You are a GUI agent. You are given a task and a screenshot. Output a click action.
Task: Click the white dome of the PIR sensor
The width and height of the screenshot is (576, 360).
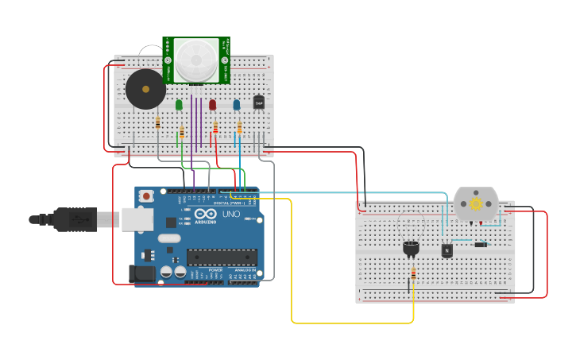pos(196,60)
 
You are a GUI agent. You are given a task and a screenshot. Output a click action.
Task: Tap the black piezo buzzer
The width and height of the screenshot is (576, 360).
pos(146,89)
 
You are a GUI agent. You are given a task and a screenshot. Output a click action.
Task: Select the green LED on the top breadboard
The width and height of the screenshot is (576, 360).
pos(179,104)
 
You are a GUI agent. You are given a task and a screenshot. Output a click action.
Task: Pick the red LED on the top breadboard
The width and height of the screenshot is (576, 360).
pos(212,104)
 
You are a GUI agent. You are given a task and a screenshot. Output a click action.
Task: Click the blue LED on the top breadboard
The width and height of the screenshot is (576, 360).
pos(236,104)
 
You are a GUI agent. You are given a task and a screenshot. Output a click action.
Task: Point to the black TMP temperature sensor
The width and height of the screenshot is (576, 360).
pos(258,102)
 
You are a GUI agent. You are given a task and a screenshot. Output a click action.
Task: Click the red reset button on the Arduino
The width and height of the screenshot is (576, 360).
pos(146,195)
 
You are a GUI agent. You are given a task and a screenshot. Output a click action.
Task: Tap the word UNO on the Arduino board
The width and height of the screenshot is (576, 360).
pos(230,215)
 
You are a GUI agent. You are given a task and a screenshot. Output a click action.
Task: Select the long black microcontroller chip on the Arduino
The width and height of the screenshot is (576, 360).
pos(222,257)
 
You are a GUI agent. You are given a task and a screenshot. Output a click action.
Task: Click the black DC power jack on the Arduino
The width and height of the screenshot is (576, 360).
pos(142,273)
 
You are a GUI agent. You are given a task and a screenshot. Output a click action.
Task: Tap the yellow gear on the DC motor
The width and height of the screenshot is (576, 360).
pos(476,203)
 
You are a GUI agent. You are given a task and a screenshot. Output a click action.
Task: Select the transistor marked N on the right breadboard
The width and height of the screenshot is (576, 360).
pos(446,250)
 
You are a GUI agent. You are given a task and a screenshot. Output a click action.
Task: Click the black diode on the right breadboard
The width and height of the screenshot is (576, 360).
pos(481,244)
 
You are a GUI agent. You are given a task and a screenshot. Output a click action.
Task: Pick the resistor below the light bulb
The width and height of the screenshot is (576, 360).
pos(413,273)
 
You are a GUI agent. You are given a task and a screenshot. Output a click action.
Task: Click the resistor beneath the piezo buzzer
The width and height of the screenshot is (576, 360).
pos(158,122)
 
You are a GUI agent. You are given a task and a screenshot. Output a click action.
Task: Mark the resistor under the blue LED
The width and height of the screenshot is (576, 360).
pos(239,128)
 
